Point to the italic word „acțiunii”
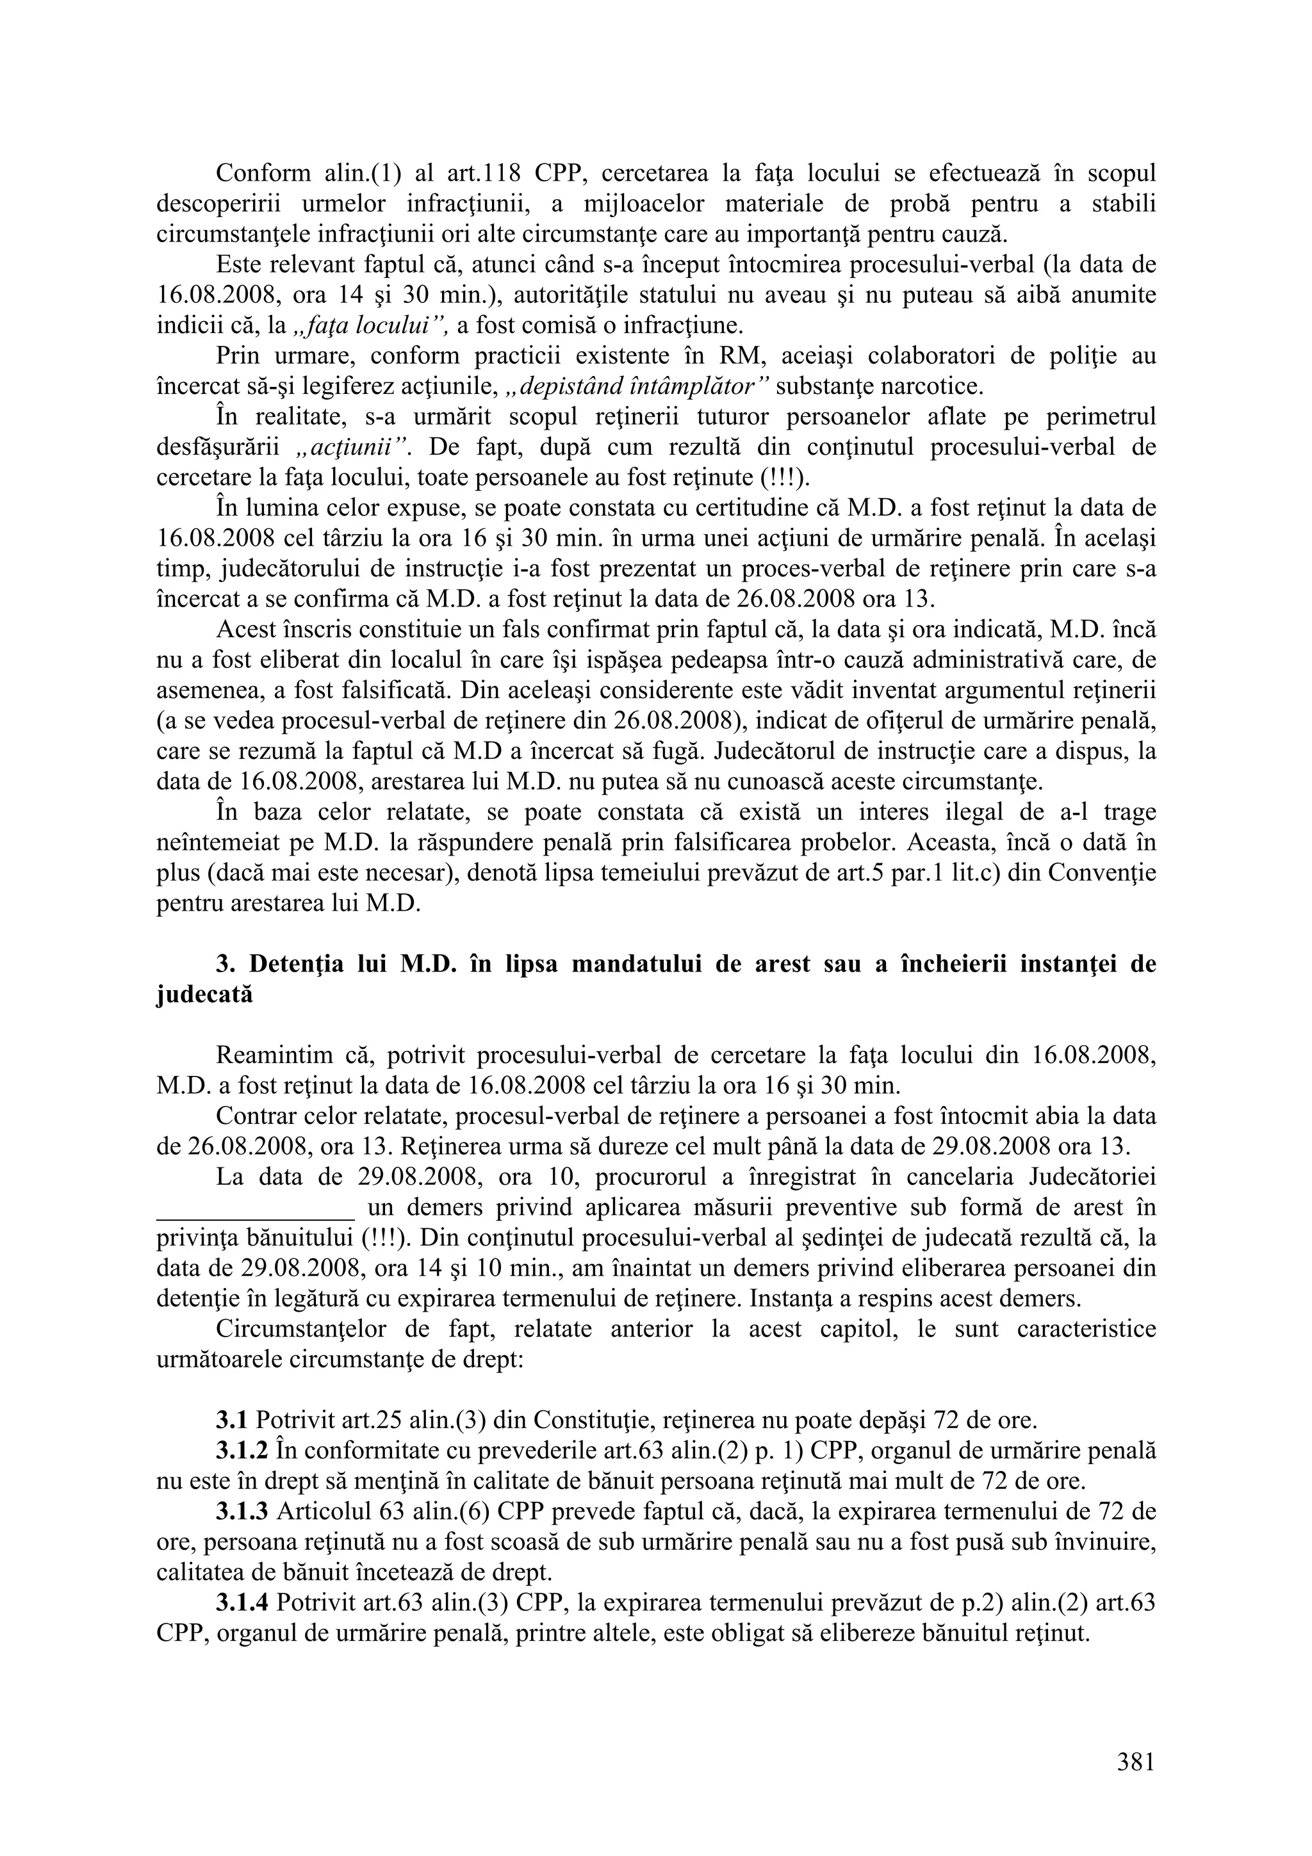click(351, 447)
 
